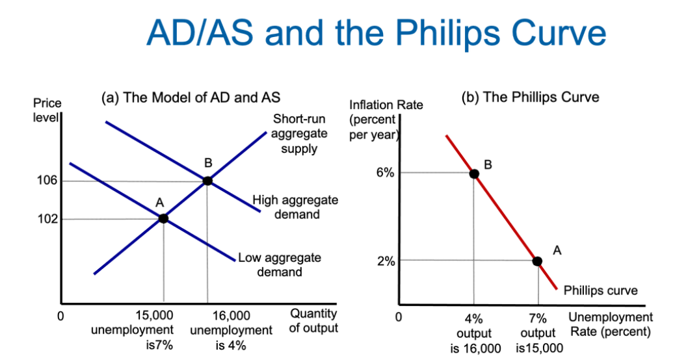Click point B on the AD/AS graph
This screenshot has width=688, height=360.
(x=207, y=181)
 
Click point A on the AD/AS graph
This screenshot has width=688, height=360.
(x=163, y=218)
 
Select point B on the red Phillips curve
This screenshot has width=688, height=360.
(x=474, y=174)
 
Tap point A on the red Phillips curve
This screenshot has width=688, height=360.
(x=537, y=261)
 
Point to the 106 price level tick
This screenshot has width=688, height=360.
(x=47, y=181)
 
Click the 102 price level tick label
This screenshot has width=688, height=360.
(x=47, y=218)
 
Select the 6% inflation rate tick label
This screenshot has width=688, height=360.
(x=385, y=173)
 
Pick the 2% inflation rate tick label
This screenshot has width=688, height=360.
(x=386, y=261)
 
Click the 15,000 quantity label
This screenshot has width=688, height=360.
(x=155, y=316)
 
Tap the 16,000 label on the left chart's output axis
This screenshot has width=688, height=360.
(x=232, y=316)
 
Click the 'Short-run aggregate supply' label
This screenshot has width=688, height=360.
(x=299, y=134)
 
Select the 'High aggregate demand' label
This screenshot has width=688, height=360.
(x=295, y=207)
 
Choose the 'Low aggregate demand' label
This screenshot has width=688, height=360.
(x=280, y=264)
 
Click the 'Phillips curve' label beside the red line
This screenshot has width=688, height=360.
(x=600, y=290)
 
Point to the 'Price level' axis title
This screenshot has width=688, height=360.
(x=47, y=110)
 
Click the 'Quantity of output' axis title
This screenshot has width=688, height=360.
(x=313, y=321)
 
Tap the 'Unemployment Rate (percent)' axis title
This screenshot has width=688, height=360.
(x=611, y=324)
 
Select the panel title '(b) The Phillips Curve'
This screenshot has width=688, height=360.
(x=530, y=97)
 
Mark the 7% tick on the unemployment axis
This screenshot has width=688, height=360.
(x=538, y=318)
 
